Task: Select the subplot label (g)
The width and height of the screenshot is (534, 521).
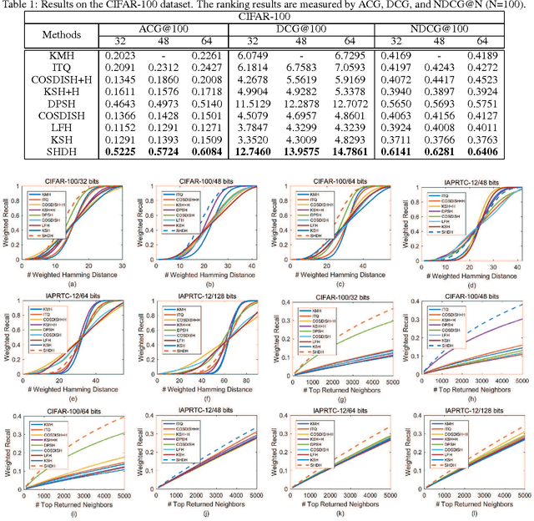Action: coord(337,386)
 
